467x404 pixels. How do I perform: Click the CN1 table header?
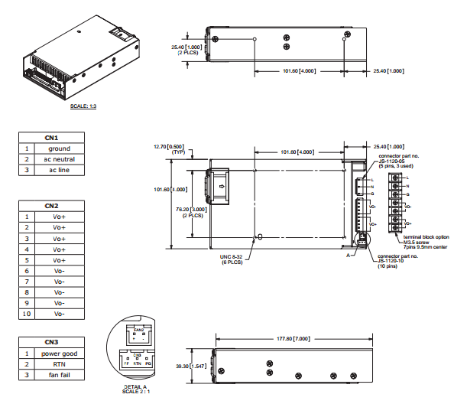coord(52,138)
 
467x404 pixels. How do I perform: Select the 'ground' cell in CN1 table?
coord(59,148)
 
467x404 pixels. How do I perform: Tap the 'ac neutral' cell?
coord(59,159)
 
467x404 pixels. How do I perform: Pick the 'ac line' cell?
coord(59,170)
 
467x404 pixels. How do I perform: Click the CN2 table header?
coord(52,206)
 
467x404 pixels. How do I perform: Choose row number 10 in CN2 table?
coord(27,314)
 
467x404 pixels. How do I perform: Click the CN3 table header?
coord(52,342)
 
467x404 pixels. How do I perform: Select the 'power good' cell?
coord(59,353)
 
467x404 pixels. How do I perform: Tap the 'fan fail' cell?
coord(59,375)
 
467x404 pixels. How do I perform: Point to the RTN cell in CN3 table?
coord(59,364)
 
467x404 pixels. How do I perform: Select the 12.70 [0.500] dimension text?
coord(169,145)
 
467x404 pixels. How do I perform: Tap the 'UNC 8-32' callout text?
coord(231,256)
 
